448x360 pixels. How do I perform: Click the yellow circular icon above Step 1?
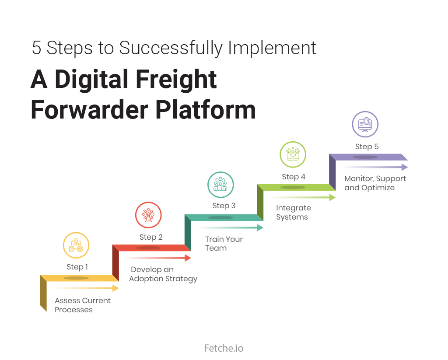[x=76, y=245]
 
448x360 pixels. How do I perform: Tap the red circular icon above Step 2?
[x=149, y=215]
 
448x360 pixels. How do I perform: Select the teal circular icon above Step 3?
[x=220, y=185]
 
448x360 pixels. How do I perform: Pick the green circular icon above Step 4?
[x=293, y=155]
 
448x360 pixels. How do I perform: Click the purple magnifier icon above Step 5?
[x=365, y=125]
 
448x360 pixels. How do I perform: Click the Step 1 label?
[x=77, y=267]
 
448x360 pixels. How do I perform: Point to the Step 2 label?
[x=151, y=237]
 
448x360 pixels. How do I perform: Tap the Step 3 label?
[x=224, y=206]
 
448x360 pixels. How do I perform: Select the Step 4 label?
[x=294, y=177]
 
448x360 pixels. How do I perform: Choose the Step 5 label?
[x=367, y=147]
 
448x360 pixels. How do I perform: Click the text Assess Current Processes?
[x=83, y=305]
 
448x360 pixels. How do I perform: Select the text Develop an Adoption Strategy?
[x=163, y=274]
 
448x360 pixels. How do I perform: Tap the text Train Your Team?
[x=224, y=244]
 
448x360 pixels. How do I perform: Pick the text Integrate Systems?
[x=293, y=213]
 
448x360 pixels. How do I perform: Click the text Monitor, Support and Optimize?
[x=375, y=183]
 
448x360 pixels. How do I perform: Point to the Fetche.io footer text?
[x=224, y=348]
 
